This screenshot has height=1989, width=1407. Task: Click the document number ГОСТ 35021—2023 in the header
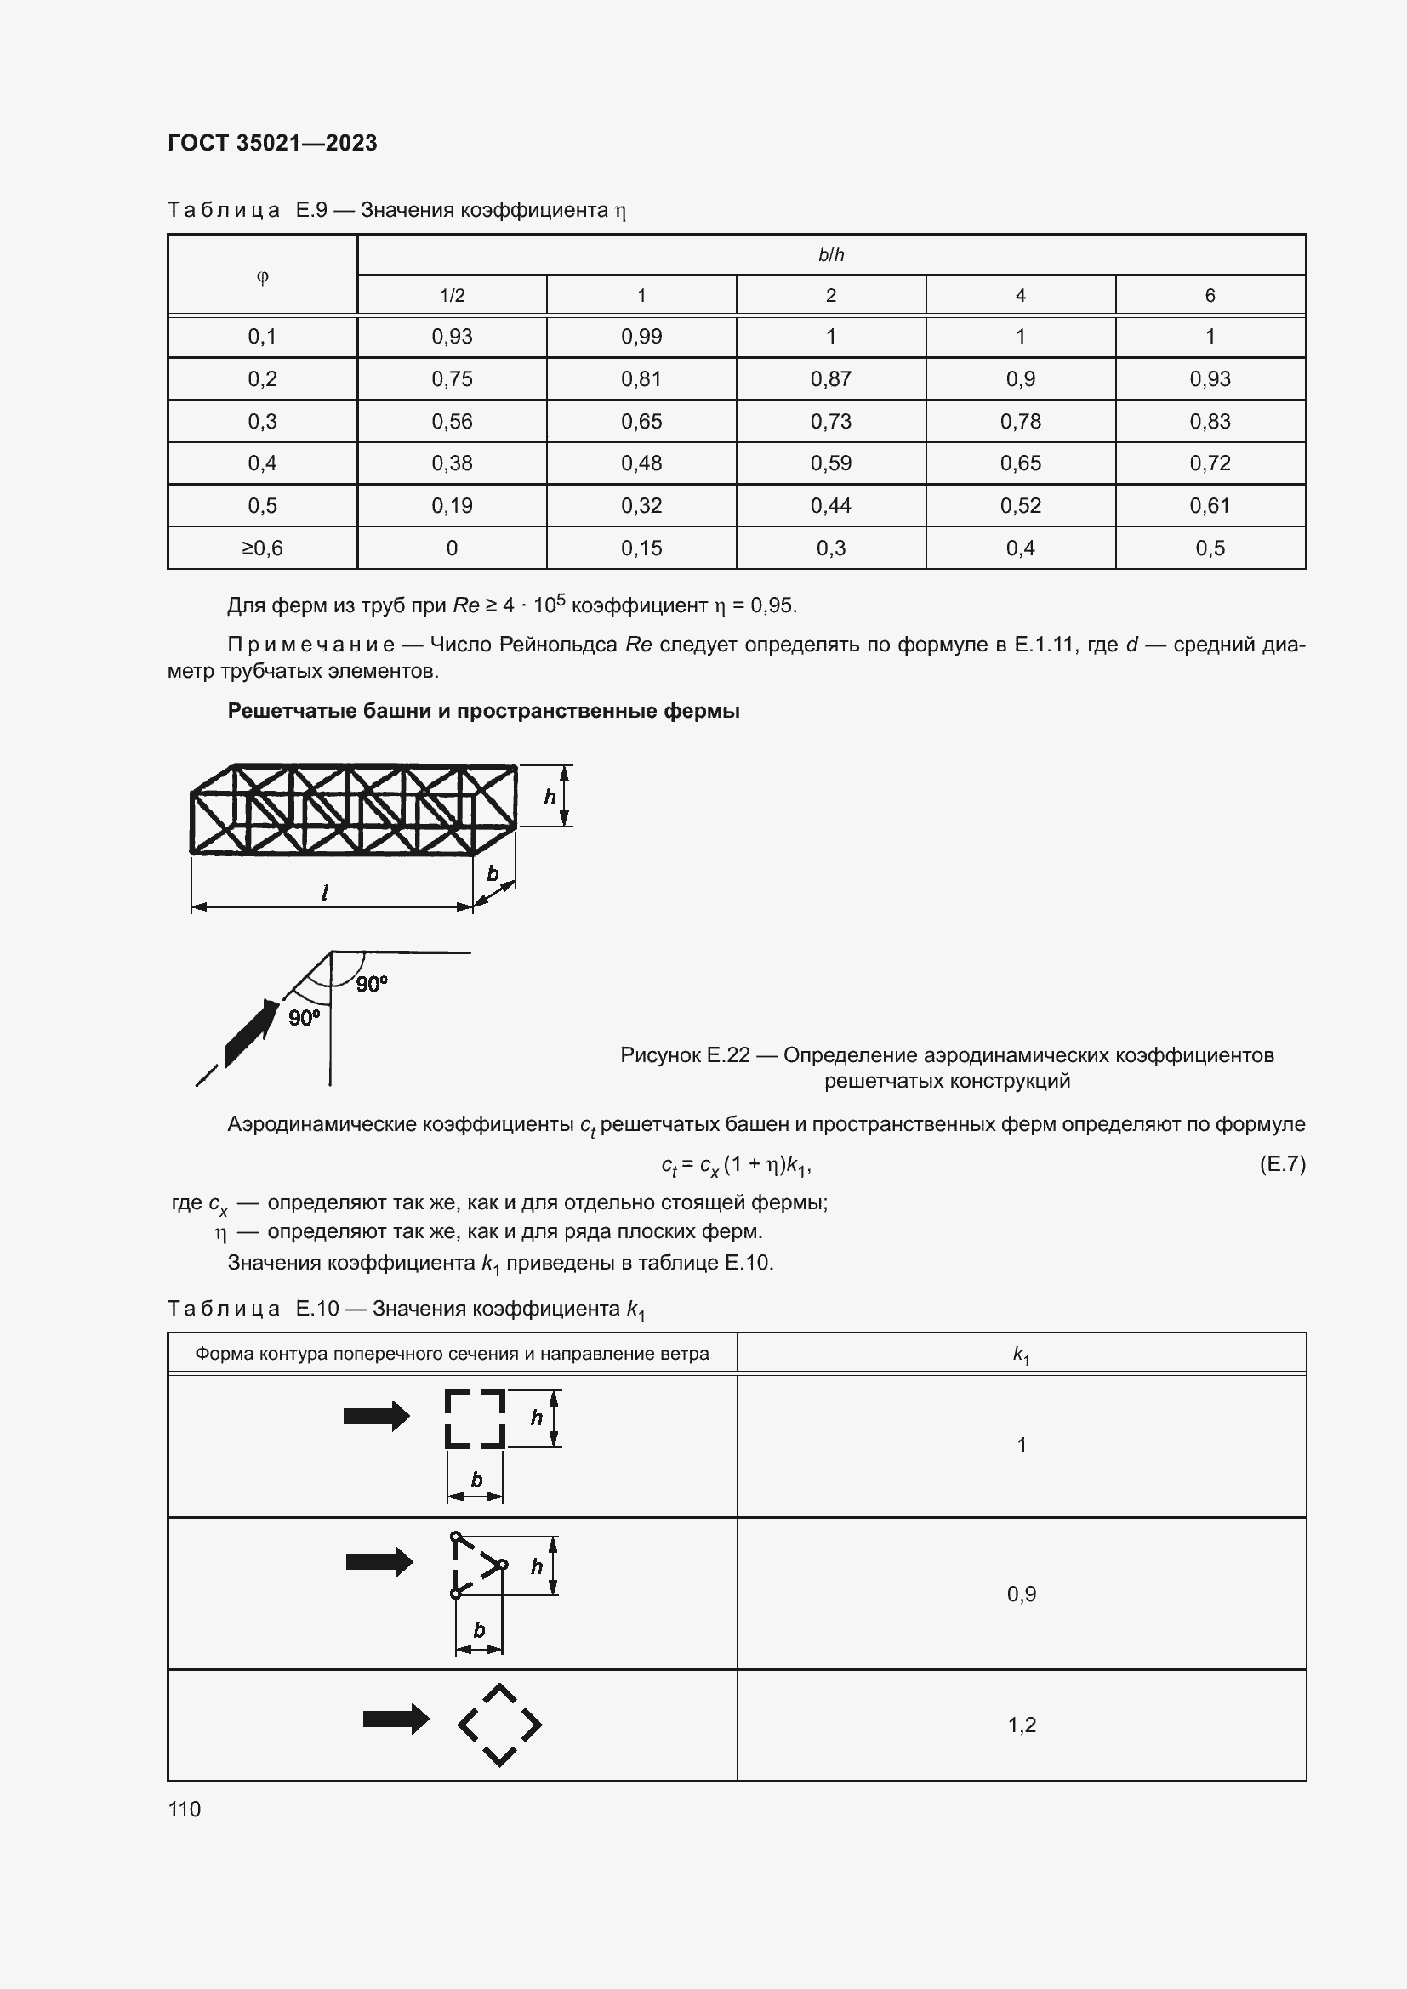(272, 143)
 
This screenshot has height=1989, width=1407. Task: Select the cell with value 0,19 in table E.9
(452, 506)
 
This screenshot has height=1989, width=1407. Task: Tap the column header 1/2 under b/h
(452, 295)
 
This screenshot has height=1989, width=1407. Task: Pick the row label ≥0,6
(262, 548)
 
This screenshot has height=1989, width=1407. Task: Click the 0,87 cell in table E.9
(830, 378)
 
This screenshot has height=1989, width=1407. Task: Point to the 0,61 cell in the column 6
(1210, 506)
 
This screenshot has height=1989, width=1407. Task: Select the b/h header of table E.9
(830, 255)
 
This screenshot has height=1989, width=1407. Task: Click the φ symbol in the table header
(262, 276)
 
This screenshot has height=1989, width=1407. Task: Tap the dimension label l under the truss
(324, 892)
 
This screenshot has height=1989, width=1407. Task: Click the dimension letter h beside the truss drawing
(550, 796)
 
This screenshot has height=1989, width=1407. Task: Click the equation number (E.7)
(1281, 1163)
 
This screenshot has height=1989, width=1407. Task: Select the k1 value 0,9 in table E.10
(1021, 1594)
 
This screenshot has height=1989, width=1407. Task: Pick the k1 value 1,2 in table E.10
(1021, 1725)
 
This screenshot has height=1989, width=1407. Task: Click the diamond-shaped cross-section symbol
(499, 1725)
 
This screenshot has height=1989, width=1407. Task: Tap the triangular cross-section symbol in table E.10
(476, 1566)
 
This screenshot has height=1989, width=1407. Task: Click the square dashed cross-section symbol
(475, 1418)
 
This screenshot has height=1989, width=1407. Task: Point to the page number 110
(185, 1809)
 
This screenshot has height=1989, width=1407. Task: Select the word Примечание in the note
(310, 645)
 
